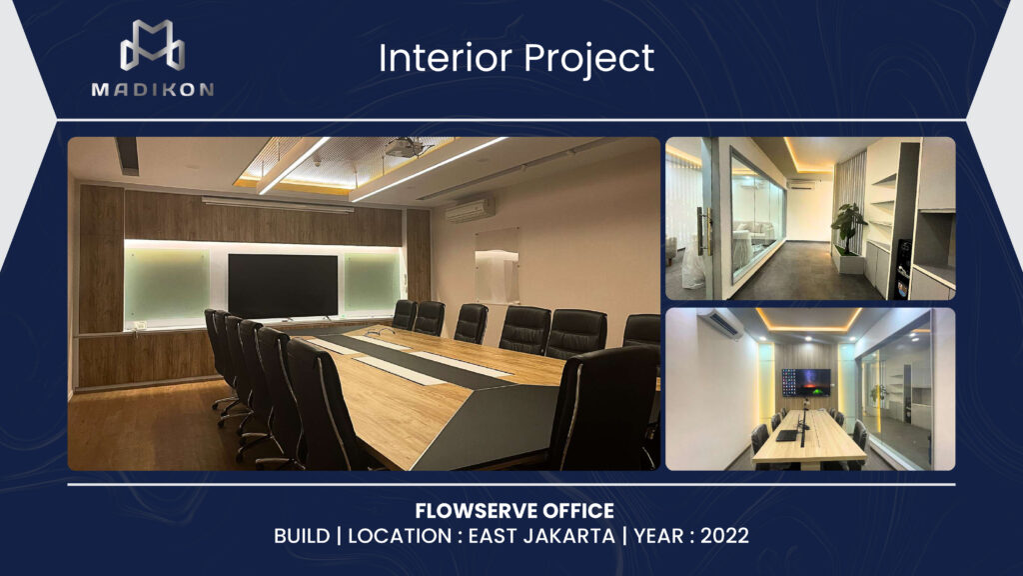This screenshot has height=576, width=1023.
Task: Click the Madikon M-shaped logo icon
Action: pyautogui.click(x=152, y=45)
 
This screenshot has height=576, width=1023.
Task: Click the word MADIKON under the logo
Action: pyautogui.click(x=153, y=89)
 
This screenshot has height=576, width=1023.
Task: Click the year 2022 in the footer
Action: pyautogui.click(x=725, y=536)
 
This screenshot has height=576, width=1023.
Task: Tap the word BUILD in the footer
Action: pyautogui.click(x=302, y=536)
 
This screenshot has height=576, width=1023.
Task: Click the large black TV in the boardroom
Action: pyautogui.click(x=283, y=286)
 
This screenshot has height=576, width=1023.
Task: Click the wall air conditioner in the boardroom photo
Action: pyautogui.click(x=470, y=210)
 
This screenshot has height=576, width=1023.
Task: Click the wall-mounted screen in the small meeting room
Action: pyautogui.click(x=806, y=382)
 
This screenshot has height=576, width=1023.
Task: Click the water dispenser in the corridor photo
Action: pyautogui.click(x=903, y=268)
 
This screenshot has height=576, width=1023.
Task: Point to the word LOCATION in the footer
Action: pyautogui.click(x=400, y=536)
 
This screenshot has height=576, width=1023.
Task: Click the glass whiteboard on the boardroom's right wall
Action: pyautogui.click(x=497, y=265)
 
